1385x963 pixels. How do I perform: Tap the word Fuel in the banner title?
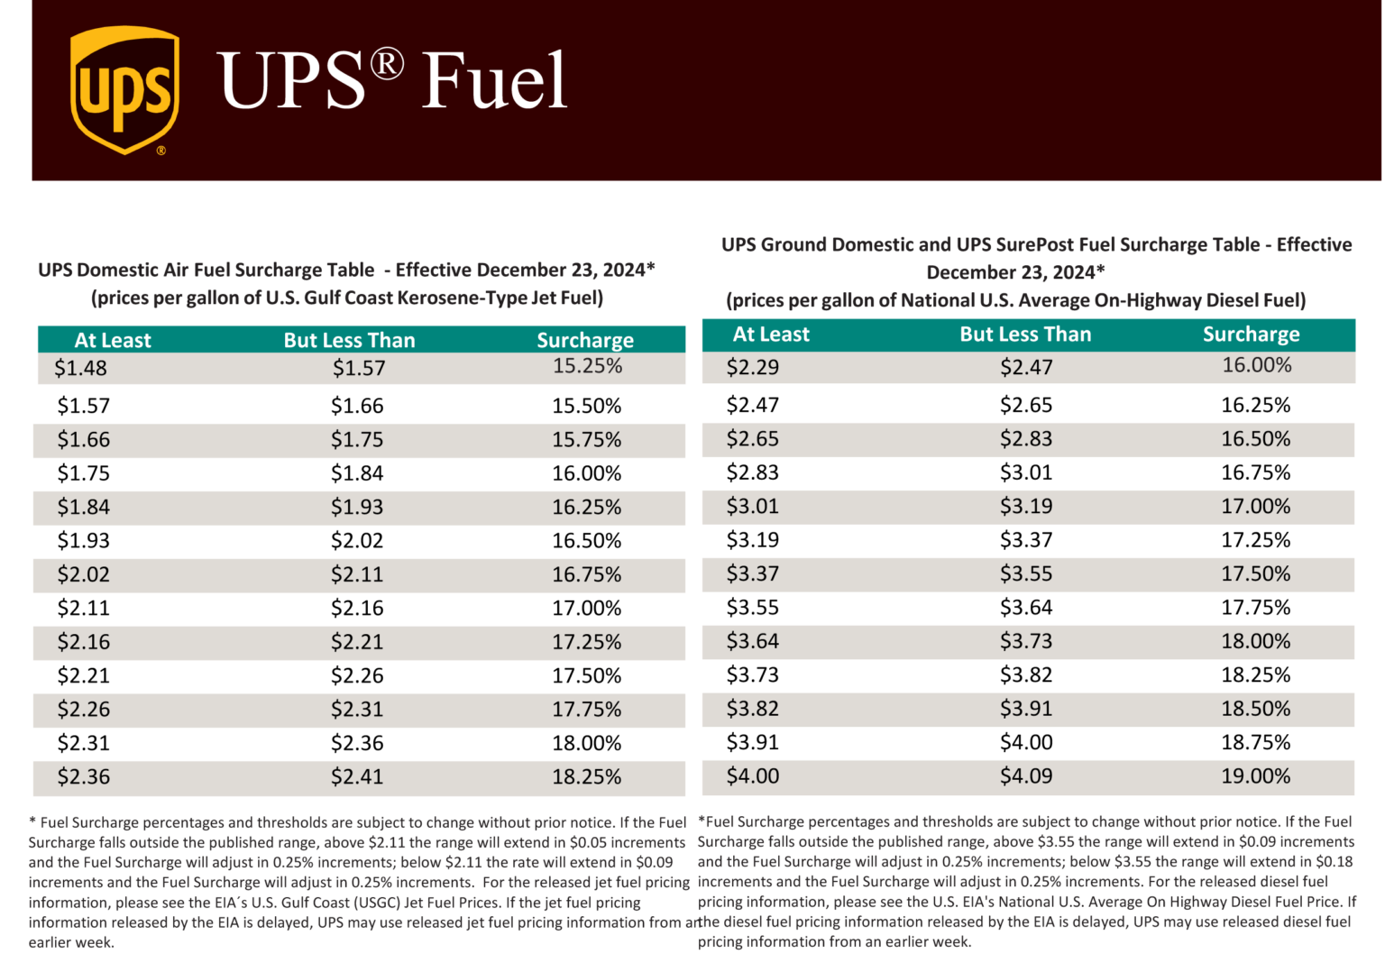coord(494,80)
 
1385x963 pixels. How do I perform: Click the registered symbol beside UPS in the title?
coord(387,64)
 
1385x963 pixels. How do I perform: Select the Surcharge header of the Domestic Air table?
coord(585,340)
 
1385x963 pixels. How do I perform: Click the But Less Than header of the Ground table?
coord(1025,335)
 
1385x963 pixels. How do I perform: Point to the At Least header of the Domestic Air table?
coord(113,340)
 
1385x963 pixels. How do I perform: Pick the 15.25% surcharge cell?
coord(587,366)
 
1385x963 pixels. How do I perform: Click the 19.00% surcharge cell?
coord(1255,776)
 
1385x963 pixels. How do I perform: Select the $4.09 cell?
coord(1025,776)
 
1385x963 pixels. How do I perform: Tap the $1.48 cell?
coord(80,368)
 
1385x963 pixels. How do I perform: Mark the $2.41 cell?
coord(356,777)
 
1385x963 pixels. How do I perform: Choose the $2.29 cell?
coord(752,367)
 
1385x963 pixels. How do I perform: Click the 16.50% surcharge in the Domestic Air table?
coord(586,541)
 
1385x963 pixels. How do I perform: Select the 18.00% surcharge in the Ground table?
coord(1255,641)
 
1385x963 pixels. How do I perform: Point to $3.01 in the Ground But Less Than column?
coord(1025,472)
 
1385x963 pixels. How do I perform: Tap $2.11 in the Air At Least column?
coord(83,609)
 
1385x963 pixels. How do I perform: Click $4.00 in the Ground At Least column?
coord(752,776)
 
